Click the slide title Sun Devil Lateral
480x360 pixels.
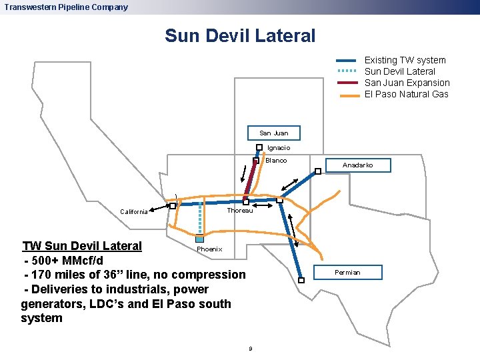point(240,35)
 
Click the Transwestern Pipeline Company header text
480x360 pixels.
point(66,7)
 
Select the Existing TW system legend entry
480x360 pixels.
point(405,60)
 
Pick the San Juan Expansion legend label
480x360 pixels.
point(407,83)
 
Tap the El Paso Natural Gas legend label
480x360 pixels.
point(406,94)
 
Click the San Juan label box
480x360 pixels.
point(273,133)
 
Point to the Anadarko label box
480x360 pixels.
point(358,165)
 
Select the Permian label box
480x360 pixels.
point(347,272)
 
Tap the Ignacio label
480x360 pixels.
point(279,148)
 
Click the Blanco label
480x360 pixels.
point(276,161)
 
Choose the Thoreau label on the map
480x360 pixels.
point(240,211)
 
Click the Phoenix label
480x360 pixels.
point(209,249)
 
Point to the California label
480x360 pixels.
point(134,212)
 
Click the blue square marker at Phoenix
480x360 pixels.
point(199,239)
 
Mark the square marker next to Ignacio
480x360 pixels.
point(259,148)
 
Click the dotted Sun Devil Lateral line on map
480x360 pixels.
point(199,220)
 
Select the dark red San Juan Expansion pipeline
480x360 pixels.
point(251,181)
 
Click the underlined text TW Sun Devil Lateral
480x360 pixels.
point(82,245)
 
